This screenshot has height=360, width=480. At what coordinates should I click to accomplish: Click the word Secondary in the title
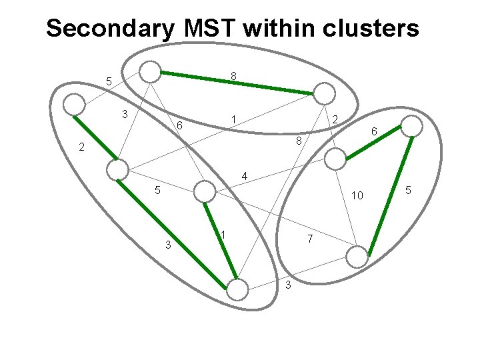(x=110, y=29)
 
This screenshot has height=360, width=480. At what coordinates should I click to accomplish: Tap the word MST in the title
(x=211, y=27)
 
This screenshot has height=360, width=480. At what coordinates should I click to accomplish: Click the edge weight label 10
(x=357, y=195)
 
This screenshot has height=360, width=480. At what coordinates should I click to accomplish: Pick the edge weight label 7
(x=310, y=239)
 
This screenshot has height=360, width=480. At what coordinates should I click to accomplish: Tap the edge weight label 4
(x=244, y=176)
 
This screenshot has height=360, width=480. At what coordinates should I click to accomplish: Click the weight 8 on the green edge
(x=233, y=76)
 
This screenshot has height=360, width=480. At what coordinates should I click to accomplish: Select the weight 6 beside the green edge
(x=374, y=131)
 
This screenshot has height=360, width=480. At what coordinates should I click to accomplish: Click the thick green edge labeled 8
(x=237, y=83)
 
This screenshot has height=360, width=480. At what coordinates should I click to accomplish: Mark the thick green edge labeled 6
(x=373, y=143)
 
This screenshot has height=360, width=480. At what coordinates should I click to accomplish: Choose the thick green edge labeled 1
(x=221, y=241)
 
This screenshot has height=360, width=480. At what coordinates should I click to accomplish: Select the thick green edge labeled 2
(x=95, y=137)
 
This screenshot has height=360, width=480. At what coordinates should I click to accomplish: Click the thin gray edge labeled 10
(x=347, y=208)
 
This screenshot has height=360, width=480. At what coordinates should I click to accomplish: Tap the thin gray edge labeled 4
(x=270, y=175)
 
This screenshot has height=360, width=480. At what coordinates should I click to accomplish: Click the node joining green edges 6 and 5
(x=412, y=126)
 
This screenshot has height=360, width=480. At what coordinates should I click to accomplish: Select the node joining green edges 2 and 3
(x=117, y=169)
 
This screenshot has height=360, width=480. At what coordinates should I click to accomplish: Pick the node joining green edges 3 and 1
(x=237, y=289)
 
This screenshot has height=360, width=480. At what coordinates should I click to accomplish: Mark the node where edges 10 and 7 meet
(x=357, y=257)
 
